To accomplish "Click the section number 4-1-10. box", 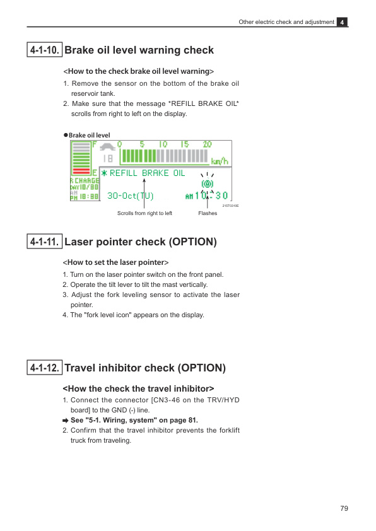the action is tap(44, 50).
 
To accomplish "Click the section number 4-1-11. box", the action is tap(44, 242).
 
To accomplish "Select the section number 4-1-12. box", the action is tap(44, 368).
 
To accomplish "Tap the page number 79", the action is tap(344, 508).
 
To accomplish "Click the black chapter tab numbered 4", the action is tap(342, 22).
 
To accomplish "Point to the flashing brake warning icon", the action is tap(208, 184).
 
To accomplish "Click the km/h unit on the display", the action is tap(220, 161).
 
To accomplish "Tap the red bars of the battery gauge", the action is tap(81, 171).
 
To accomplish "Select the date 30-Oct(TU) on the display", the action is tap(131, 195).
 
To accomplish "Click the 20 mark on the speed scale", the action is tap(208, 144).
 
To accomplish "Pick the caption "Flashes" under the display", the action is tap(208, 213).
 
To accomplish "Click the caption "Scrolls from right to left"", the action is tap(144, 213).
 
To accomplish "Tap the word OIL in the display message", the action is tap(179, 173).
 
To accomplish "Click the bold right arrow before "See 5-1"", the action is tap(66, 421).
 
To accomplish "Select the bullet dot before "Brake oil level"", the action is tap(66, 135).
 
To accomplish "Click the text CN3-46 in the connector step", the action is tap(167, 400).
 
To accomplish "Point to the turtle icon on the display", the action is tap(108, 147).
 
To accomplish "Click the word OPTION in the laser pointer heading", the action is tap(192, 242).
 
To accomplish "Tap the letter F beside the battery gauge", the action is tap(95, 145).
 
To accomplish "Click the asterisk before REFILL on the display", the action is tap(104, 173).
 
